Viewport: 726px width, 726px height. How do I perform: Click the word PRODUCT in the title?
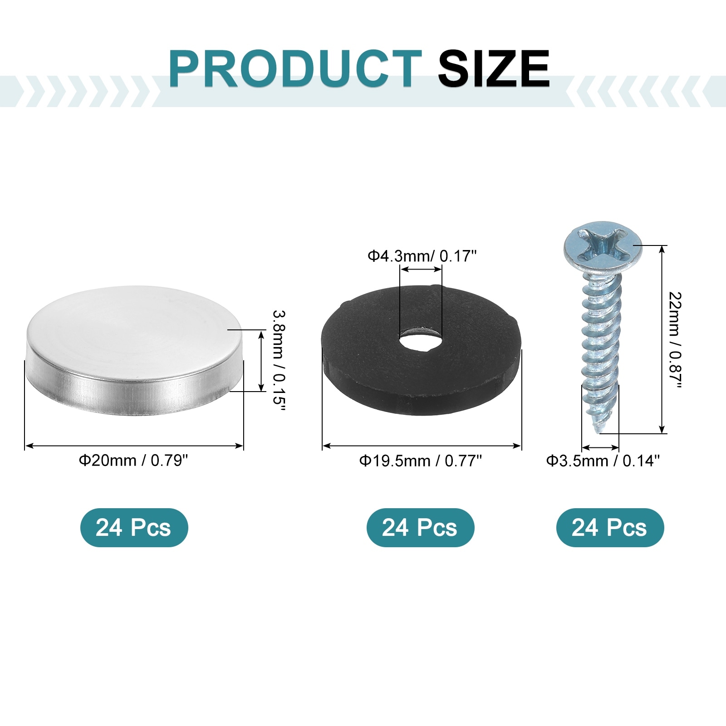coord(295,69)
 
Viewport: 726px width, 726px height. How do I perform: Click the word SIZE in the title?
coord(494,69)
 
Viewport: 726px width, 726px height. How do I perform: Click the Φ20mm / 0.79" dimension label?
coord(133,461)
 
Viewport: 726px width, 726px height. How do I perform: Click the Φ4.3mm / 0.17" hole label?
coord(422,256)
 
